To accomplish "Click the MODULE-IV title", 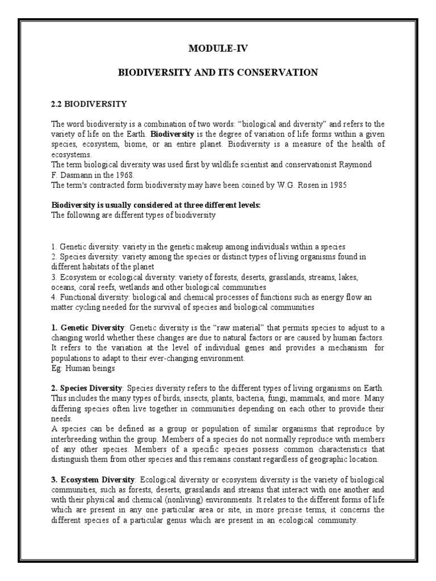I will point(217,49).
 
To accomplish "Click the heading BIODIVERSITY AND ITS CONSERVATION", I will point(217,73).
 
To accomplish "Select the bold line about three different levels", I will point(156,205).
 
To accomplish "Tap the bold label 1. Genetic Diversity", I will point(88,328).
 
